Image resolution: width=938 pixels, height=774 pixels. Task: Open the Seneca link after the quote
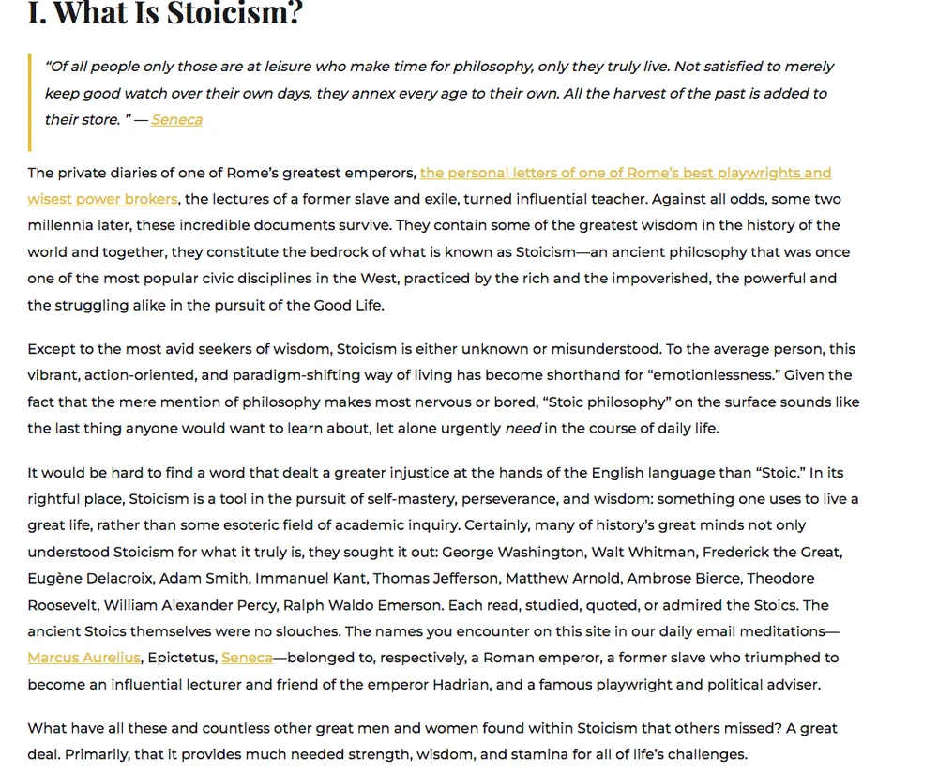click(x=176, y=119)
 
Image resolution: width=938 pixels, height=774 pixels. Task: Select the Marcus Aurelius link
click(x=84, y=658)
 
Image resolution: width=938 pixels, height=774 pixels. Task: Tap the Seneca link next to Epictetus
click(x=247, y=658)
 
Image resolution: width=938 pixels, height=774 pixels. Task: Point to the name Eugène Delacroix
click(x=92, y=578)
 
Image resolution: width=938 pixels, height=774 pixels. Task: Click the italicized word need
click(x=523, y=428)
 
